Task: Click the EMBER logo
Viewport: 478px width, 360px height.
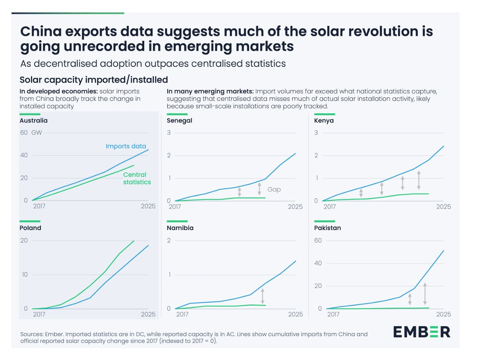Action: (x=422, y=332)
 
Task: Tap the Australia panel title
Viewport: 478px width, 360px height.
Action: (x=33, y=121)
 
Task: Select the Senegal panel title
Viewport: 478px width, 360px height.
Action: (x=179, y=121)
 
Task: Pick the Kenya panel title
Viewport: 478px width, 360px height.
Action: (x=324, y=121)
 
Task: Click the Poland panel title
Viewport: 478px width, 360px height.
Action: (x=30, y=228)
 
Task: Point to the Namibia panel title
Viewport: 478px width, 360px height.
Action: (x=180, y=228)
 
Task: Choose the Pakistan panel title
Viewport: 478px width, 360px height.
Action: (x=327, y=228)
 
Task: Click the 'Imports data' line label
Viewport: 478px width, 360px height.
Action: (x=126, y=146)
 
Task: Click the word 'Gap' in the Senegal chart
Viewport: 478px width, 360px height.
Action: (x=274, y=190)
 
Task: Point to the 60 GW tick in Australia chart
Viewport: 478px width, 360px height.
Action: (x=31, y=133)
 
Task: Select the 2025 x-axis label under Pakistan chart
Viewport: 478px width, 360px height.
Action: (x=443, y=315)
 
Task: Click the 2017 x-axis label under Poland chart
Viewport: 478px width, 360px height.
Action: (x=39, y=315)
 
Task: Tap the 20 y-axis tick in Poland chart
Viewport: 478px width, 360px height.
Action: (x=24, y=241)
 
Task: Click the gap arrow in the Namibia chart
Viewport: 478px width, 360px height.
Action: (x=262, y=296)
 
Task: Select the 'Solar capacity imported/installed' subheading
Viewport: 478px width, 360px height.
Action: (x=94, y=80)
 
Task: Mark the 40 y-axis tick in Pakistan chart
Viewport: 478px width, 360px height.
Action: (x=318, y=263)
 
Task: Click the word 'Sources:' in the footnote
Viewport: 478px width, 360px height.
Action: (x=32, y=334)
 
